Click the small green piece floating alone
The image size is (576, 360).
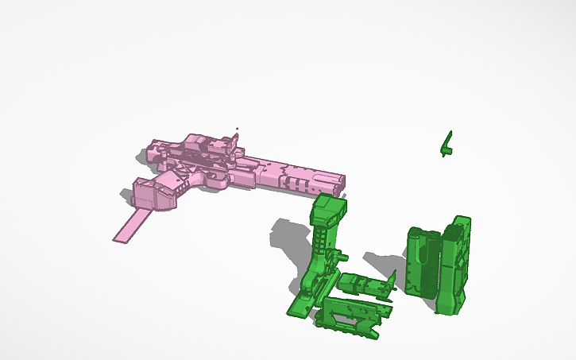tap(447, 144)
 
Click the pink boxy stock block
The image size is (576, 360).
tap(151, 194)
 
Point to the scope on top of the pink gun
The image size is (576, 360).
tap(208, 145)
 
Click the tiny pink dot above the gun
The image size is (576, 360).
tap(236, 128)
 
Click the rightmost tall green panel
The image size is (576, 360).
tap(456, 262)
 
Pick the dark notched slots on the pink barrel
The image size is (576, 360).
tap(298, 184)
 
